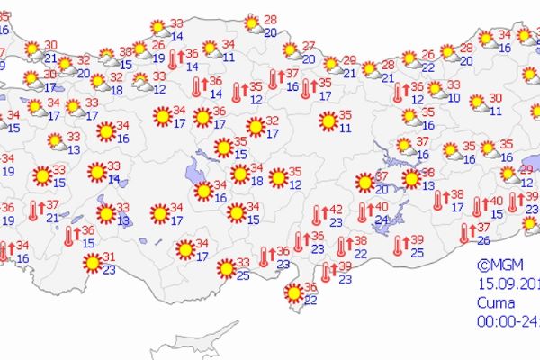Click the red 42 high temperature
[335, 211]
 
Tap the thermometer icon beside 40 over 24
[361, 214]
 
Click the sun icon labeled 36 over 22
[294, 292]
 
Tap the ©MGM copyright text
[496, 265]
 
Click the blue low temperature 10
[454, 98]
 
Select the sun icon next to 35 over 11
[328, 121]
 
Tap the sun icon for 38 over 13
[411, 179]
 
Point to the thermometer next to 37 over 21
[34, 211]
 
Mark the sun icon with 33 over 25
[220, 268]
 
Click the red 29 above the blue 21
[349, 61]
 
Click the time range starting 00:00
[508, 319]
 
